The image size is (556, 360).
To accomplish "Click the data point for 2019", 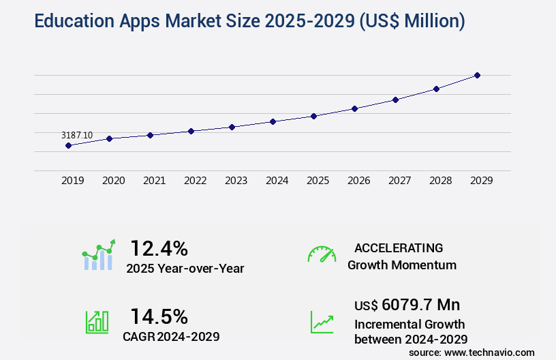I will (68, 145).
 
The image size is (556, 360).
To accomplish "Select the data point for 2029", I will (477, 75).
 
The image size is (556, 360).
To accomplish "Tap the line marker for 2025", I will (313, 116).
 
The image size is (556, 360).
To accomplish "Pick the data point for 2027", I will (395, 100).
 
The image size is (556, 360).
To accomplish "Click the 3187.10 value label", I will (76, 136).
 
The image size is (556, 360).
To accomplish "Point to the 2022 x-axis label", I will (195, 181).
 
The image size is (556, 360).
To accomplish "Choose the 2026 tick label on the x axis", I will (358, 181).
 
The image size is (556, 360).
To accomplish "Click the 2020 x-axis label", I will (113, 181).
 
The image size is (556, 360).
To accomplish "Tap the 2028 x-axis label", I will (440, 181).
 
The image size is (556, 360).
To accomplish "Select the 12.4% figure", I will (159, 247).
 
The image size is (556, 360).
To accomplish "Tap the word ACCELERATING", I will (399, 247).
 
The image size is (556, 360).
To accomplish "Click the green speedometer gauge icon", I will (322, 254).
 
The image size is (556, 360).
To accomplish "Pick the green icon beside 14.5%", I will (97, 322).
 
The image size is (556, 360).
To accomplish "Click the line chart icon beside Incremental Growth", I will (322, 322).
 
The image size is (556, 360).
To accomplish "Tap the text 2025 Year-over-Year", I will (185, 269).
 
